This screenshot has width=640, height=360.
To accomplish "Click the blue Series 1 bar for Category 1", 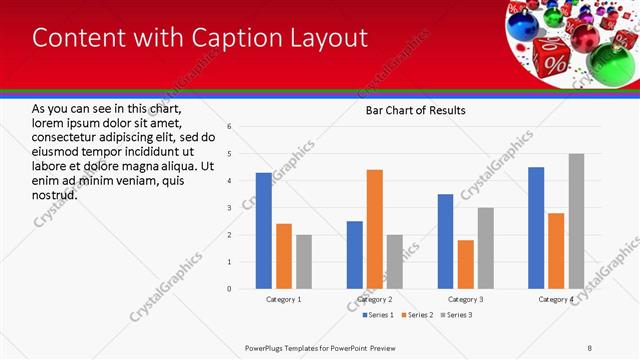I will pos(263,231).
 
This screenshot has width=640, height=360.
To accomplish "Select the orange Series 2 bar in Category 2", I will pos(375,229).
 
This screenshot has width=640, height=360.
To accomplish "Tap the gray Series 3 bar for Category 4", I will pos(576,221).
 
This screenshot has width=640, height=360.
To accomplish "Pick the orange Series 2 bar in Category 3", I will pos(465,264).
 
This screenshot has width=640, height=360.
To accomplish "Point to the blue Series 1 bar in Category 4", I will pos(536,228).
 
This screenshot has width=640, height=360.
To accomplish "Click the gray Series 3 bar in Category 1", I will pos(303,262).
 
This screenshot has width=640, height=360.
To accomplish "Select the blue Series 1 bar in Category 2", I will pos(355,255).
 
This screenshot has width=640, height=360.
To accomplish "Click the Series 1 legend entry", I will pos(374,315).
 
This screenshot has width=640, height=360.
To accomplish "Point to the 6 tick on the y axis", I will pos(230,127).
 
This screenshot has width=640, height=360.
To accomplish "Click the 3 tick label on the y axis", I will pos(230,208).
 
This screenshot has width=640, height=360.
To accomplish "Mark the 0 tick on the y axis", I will pos(230,289).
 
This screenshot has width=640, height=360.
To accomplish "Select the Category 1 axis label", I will pos(283,299).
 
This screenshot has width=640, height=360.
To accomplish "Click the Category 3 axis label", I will pos(465,299).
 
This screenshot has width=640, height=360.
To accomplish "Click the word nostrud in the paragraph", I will pos(55,194).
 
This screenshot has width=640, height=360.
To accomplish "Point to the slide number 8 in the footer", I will pos(589,348).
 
